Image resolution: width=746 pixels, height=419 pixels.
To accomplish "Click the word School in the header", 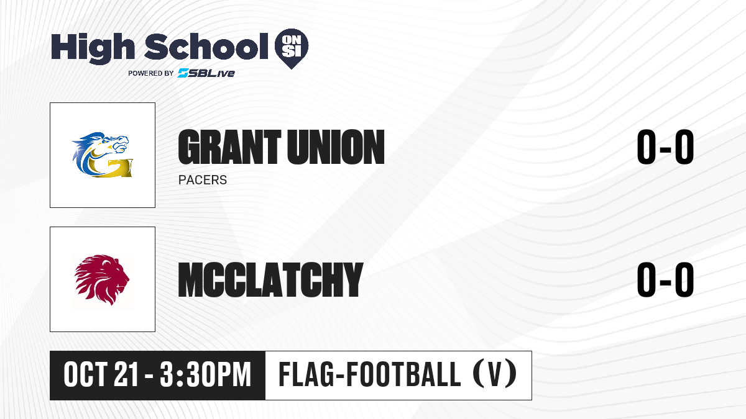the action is click(x=206, y=47).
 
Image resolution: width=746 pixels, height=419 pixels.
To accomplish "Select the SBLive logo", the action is click(x=206, y=73).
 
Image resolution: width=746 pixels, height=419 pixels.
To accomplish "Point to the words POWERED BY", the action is click(x=151, y=73).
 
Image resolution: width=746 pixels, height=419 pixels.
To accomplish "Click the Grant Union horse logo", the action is click(x=102, y=155).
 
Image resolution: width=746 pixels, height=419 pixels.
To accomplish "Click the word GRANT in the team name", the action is click(x=230, y=147).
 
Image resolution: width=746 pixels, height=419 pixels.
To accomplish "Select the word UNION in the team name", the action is click(x=336, y=147).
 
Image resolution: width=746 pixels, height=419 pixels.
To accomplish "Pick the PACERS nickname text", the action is click(x=203, y=180).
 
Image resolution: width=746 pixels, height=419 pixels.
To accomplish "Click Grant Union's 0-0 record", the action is click(x=665, y=147).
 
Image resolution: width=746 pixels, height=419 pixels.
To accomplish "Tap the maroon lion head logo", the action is click(x=102, y=279).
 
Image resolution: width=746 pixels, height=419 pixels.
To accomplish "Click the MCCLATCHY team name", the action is click(x=270, y=279).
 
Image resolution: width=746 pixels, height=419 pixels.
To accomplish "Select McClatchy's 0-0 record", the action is click(x=665, y=279).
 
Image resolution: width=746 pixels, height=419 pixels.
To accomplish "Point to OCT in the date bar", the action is click(x=86, y=375).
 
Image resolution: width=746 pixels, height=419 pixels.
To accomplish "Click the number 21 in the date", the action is click(x=126, y=375).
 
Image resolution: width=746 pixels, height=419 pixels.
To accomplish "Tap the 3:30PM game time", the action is click(x=205, y=375).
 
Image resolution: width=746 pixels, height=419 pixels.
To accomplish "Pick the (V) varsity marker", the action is click(x=495, y=375).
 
